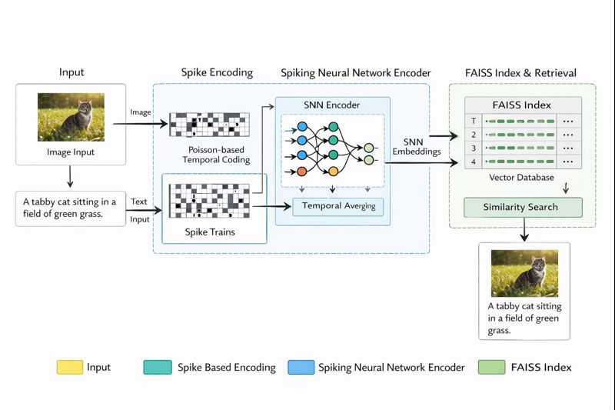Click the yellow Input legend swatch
pos(69,368)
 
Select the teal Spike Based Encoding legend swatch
pos(158,368)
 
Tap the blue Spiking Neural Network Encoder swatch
pos(301,368)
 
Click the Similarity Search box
pos(522,207)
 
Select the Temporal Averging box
pos(337,206)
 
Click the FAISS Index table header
pos(522,105)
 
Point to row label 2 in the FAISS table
pos(474,133)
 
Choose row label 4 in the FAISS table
pos(474,162)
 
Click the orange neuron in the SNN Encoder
pos(301,170)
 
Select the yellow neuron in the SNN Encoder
pos(333,170)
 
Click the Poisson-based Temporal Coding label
pos(216,155)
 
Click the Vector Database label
pos(522,178)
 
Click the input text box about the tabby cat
pos(70,208)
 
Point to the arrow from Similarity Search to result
pos(524,228)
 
